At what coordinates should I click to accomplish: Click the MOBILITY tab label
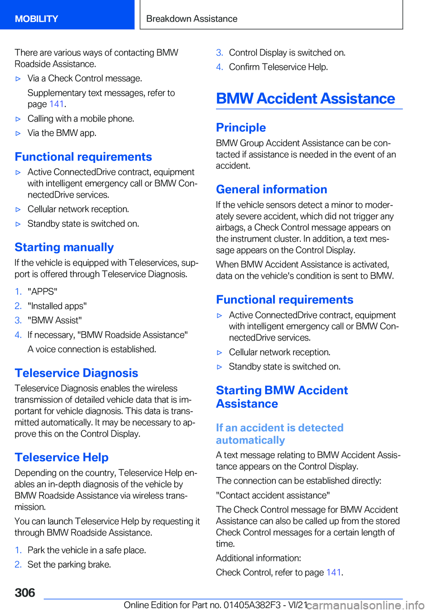(36, 19)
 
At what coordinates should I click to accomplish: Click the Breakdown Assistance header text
(192, 19)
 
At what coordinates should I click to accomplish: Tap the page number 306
(25, 593)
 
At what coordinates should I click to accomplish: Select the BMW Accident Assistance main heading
(306, 99)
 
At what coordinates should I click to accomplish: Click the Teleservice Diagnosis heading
(76, 373)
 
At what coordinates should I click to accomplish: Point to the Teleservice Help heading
(62, 457)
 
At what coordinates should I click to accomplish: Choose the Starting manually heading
(64, 247)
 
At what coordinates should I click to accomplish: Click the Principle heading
(241, 127)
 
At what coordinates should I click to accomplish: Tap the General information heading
(271, 189)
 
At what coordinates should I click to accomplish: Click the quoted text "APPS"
(42, 292)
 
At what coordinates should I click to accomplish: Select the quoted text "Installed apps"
(57, 306)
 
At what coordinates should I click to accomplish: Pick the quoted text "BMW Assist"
(54, 320)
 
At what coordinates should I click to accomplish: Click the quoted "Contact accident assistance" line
(273, 495)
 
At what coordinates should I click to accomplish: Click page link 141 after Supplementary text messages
(57, 104)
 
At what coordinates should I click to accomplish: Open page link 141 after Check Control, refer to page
(333, 572)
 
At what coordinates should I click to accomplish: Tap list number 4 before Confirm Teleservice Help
(219, 67)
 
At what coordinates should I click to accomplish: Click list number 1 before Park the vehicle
(18, 550)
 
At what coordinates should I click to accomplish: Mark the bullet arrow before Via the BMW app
(18, 133)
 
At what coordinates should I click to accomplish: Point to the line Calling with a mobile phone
(81, 119)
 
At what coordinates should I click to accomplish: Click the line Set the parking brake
(69, 564)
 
